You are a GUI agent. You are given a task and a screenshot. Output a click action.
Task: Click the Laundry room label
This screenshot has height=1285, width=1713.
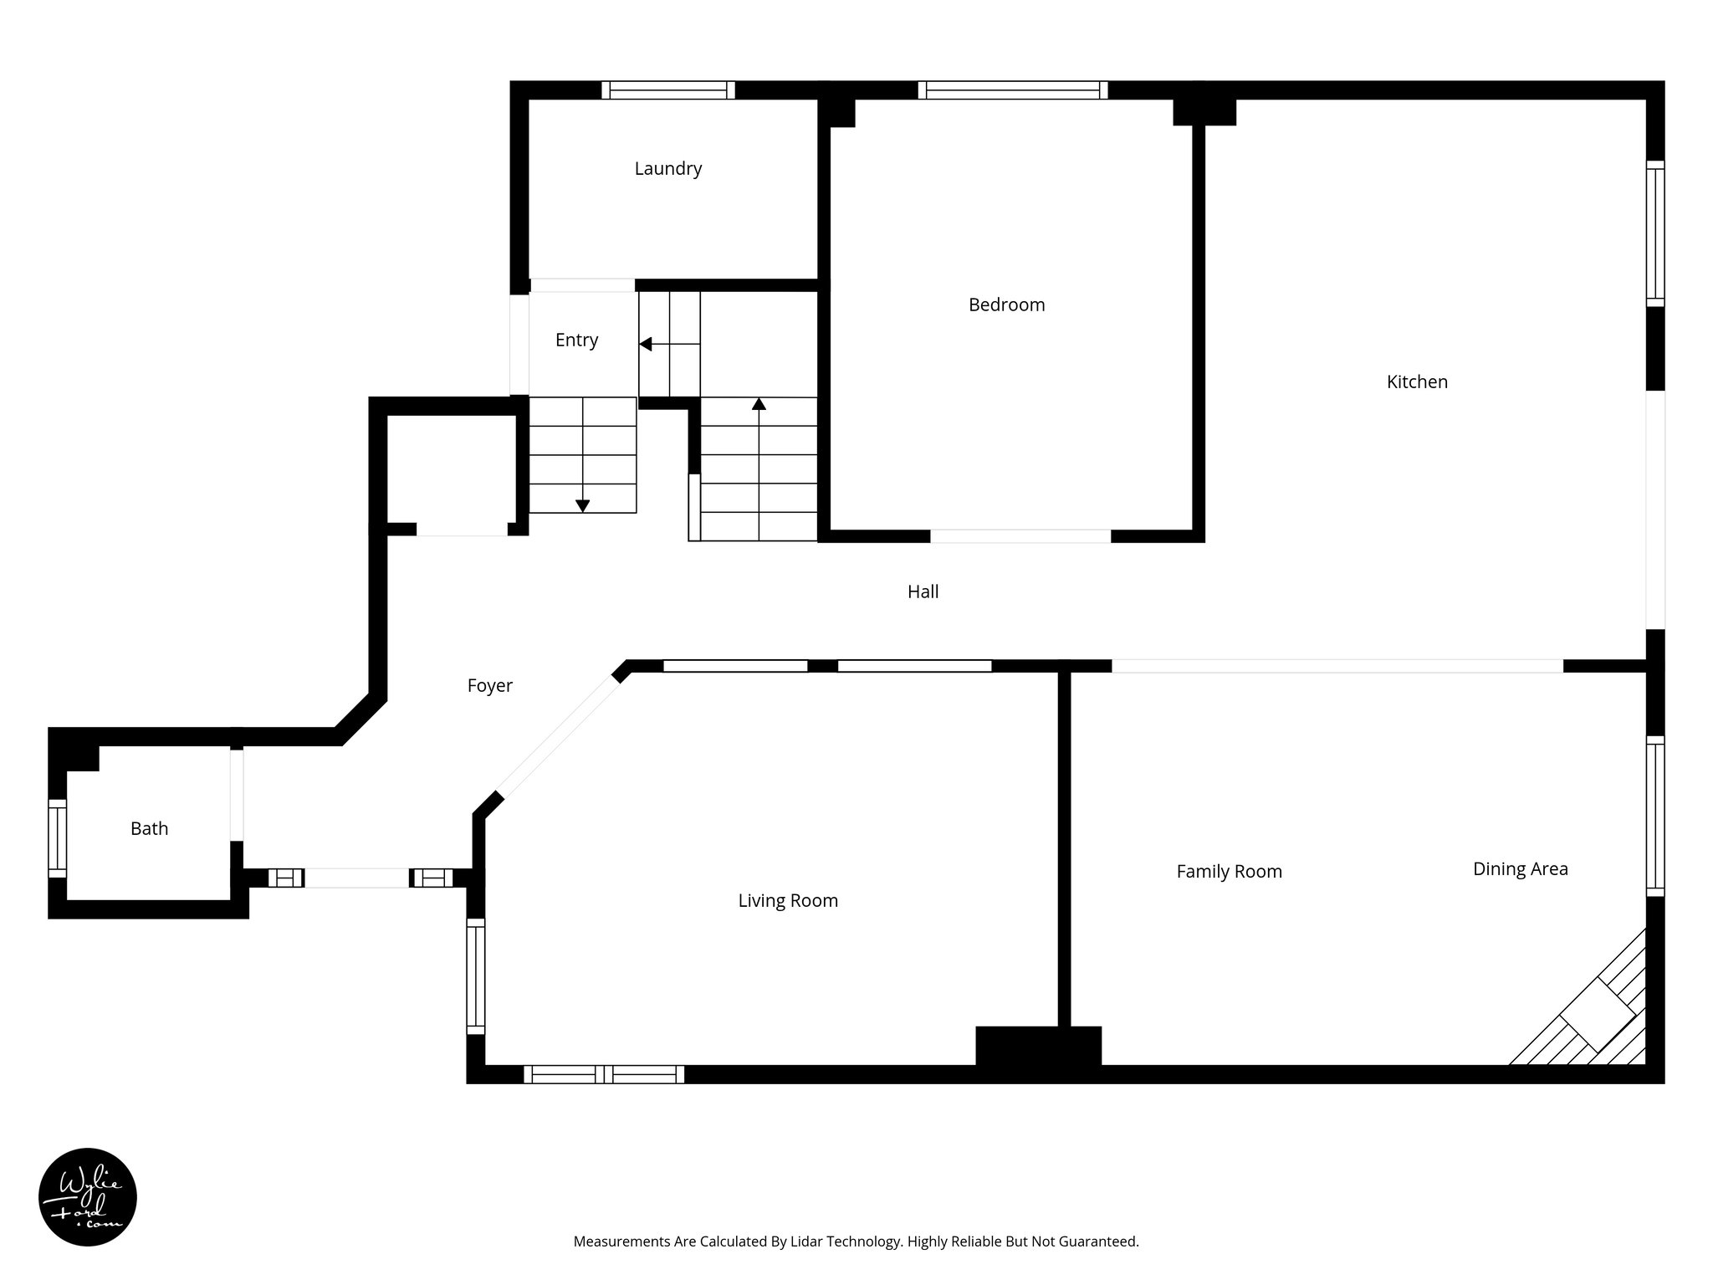pyautogui.click(x=667, y=169)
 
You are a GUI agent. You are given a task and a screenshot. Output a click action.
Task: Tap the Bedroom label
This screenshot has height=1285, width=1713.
pyautogui.click(x=1006, y=305)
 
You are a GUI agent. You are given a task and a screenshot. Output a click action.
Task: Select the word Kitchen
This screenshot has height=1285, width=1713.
pyautogui.click(x=1417, y=382)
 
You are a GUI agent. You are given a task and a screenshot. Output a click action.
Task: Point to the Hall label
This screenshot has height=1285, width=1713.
pyautogui.click(x=923, y=592)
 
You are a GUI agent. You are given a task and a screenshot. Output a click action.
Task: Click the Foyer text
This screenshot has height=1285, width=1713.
pyautogui.click(x=489, y=686)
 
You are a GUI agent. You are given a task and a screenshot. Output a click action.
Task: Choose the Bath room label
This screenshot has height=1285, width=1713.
pyautogui.click(x=149, y=829)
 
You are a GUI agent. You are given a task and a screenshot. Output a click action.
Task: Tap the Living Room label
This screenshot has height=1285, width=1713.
pyautogui.click(x=787, y=901)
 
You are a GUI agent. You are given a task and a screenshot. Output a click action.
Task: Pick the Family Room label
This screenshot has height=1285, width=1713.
pyautogui.click(x=1229, y=872)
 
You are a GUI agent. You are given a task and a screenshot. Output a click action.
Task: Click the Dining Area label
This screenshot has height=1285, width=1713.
pyautogui.click(x=1520, y=869)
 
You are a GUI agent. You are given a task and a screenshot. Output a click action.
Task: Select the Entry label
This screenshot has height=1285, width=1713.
pyautogui.click(x=576, y=340)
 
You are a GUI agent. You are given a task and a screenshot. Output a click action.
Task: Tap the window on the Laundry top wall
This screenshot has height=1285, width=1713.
pyautogui.click(x=667, y=90)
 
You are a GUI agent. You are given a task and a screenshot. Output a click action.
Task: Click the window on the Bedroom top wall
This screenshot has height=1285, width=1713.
pyautogui.click(x=1012, y=90)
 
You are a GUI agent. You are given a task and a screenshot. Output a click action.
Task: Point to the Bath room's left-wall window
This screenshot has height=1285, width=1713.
pyautogui.click(x=57, y=838)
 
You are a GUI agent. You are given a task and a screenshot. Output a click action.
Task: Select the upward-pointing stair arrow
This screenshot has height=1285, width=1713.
pyautogui.click(x=759, y=405)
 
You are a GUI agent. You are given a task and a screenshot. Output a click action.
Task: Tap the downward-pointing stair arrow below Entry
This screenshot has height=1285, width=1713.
pyautogui.click(x=582, y=505)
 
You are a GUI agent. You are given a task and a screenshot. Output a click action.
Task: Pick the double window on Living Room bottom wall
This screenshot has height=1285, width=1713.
pyautogui.click(x=604, y=1074)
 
